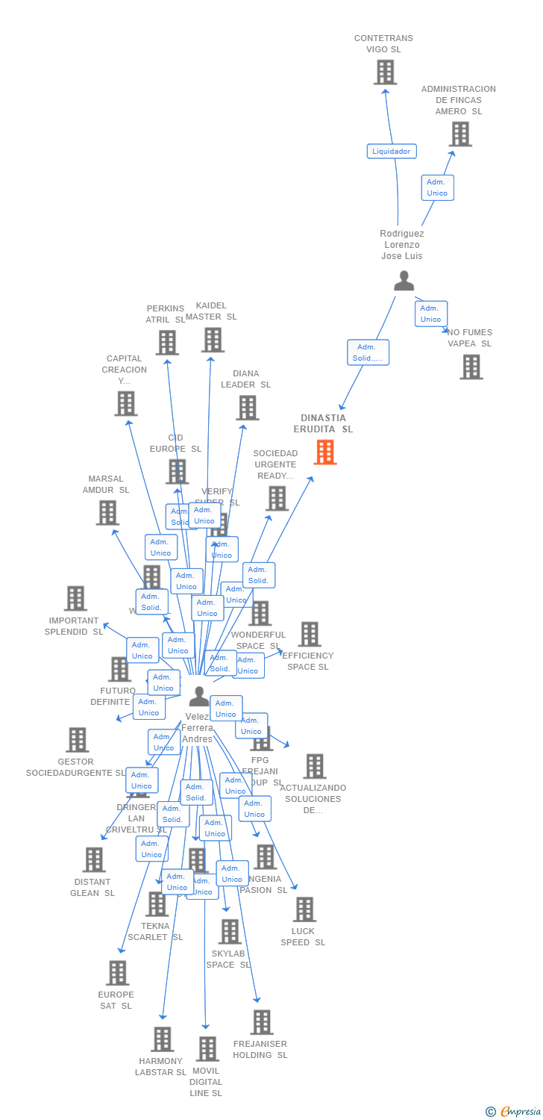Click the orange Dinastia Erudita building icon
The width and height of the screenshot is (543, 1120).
(324, 452)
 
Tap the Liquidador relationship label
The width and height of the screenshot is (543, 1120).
(392, 151)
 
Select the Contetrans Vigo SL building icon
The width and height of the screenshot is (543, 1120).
(385, 72)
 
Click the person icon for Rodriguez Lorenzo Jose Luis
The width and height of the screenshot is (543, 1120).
(404, 281)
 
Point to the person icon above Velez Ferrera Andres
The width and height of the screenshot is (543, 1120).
(198, 696)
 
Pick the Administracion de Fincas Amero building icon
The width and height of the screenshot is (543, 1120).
(460, 134)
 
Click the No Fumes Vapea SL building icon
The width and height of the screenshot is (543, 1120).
(471, 367)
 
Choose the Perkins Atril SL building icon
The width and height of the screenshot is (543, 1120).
(166, 343)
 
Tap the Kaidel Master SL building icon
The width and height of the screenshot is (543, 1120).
(213, 340)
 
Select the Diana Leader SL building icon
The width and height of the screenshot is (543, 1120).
(247, 408)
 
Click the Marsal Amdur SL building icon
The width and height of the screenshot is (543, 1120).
(107, 513)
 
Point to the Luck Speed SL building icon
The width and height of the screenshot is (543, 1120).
(304, 909)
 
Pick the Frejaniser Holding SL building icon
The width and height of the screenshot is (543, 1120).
(261, 1022)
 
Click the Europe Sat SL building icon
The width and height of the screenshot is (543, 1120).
(117, 973)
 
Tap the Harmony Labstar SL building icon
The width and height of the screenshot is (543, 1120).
(162, 1039)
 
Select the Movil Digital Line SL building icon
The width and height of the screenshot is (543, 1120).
(207, 1049)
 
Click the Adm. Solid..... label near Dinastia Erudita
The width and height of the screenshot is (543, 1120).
(368, 352)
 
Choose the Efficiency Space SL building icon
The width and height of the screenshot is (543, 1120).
(310, 634)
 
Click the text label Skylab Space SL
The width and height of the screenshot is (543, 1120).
(227, 959)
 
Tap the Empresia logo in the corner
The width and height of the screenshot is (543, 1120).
(514, 1112)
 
